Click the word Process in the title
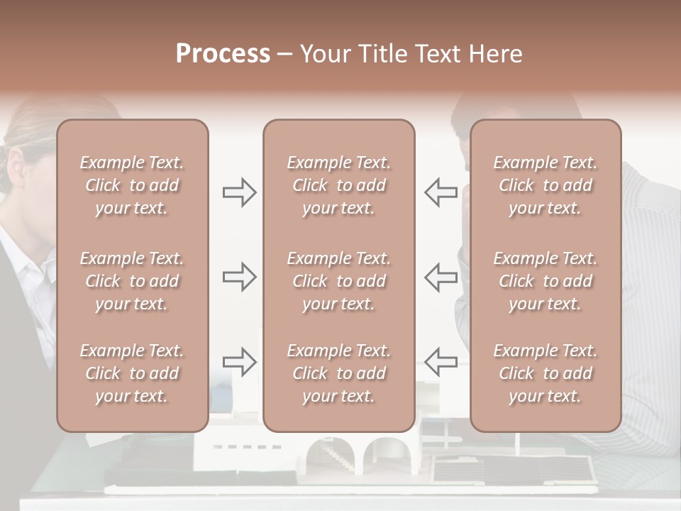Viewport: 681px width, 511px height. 223,54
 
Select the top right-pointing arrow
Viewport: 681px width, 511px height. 239,192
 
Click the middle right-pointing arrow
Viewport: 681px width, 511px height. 239,277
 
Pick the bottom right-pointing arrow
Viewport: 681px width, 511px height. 239,362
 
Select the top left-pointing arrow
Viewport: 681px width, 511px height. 441,192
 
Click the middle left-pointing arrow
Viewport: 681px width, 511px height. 441,277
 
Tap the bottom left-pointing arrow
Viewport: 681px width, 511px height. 441,362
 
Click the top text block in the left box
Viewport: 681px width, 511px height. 132,185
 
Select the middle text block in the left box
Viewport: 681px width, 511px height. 132,281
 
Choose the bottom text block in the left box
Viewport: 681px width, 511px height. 132,373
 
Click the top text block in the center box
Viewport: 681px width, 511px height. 338,185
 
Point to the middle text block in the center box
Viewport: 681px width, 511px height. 338,281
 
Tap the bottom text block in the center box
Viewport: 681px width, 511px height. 338,373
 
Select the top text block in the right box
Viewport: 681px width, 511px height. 546,185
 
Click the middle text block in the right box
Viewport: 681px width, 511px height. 546,281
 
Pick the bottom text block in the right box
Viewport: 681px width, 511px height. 546,373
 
